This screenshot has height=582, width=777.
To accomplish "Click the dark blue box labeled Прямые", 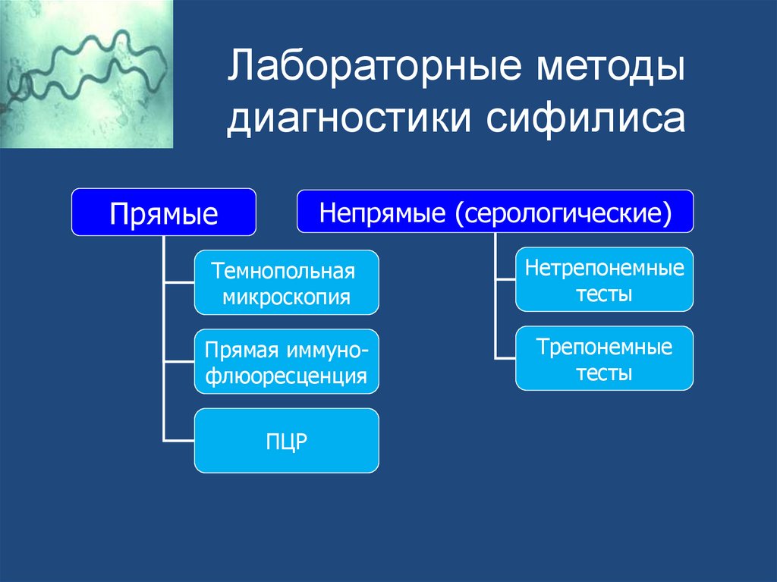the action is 163,212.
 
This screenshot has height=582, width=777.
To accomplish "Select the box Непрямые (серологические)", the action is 495,212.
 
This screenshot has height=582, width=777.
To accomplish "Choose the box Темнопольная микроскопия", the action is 286,282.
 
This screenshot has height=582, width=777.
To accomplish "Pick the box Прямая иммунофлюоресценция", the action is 286,361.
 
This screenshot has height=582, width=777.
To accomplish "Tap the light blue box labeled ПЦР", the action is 286,441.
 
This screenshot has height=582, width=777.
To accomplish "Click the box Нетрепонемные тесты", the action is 604,279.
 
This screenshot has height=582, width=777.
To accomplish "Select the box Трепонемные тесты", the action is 604,358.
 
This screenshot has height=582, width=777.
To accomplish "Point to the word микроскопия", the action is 286,296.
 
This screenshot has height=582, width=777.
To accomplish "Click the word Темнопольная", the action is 284,270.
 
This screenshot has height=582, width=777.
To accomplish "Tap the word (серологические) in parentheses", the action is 564,212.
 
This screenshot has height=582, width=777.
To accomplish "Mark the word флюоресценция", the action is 286,375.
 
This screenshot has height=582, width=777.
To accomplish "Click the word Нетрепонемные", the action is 605,267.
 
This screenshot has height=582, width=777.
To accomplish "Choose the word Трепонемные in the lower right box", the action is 605,347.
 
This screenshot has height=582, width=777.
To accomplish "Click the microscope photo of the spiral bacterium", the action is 87,74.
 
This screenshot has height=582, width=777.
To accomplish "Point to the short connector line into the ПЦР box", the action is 179,441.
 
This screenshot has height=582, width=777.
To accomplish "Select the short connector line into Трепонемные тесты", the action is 505,358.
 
